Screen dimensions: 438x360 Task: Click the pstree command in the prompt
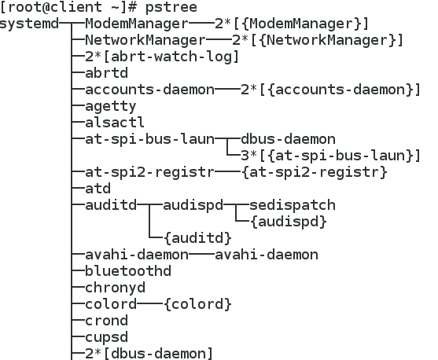pos(171,7)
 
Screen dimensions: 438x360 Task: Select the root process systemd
pos(29,24)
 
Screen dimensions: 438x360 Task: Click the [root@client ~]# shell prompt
pos(68,7)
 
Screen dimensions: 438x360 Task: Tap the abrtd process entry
pos(106,73)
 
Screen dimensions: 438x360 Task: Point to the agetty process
pos(111,107)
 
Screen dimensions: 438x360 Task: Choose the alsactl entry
pos(115,123)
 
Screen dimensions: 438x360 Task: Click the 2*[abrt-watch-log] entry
pos(162,57)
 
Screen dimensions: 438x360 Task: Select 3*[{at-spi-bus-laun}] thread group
pos(330,156)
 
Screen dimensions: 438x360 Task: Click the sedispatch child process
pos(293,205)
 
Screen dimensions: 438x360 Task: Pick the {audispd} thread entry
pos(289,222)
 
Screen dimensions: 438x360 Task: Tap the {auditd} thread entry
pos(198,238)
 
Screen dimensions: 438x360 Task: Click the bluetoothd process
pos(128,271)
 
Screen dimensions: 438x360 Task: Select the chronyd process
pos(115,288)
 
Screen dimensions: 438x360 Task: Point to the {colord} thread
pos(198,304)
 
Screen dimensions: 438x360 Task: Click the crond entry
pos(106,321)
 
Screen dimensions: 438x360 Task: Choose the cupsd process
pos(106,337)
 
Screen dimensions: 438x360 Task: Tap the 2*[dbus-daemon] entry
pos(149,354)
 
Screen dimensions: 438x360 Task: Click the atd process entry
pos(98,189)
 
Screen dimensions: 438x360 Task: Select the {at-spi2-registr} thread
pos(315,172)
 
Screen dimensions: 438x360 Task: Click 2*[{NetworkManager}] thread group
pos(318,40)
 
